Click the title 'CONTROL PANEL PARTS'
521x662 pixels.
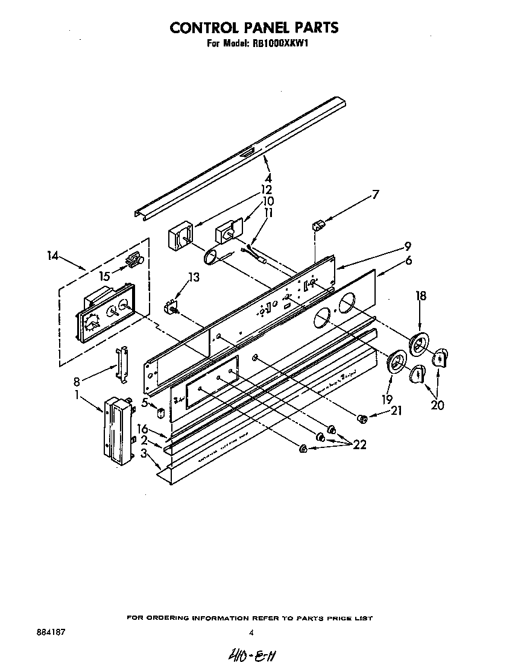pos(253,28)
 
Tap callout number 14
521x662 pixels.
pos(53,256)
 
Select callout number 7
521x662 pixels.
pos(375,194)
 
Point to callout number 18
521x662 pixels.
pos(421,295)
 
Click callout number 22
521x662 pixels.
pos(359,445)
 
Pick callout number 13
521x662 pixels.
pos(193,277)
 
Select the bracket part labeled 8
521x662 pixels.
pos(123,365)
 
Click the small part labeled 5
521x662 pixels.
pos(160,414)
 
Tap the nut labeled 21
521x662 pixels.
pos(362,417)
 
